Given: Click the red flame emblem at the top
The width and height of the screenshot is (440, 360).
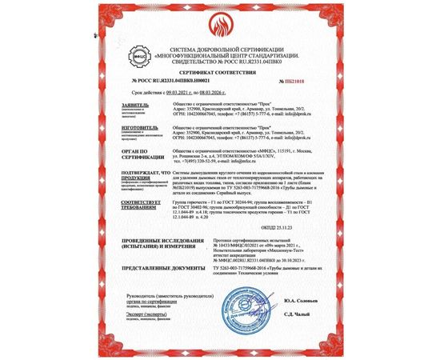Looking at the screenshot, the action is [x=219, y=18].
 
